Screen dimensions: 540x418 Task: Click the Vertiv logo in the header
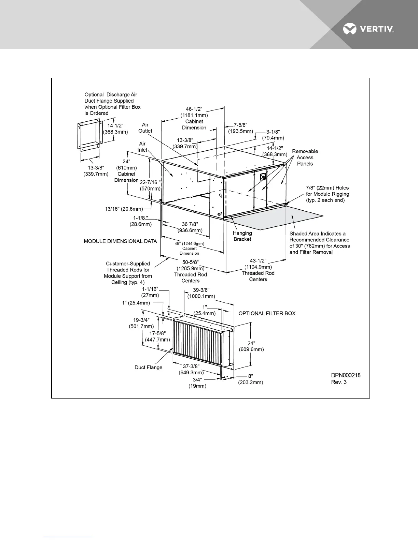click(x=368, y=30)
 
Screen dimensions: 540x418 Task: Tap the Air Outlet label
click(x=145, y=128)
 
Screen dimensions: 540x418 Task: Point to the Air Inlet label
click(x=142, y=147)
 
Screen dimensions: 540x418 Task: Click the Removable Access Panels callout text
click(x=305, y=157)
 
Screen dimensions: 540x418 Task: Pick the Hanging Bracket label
click(x=242, y=236)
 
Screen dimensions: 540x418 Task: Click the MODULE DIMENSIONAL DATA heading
click(x=120, y=241)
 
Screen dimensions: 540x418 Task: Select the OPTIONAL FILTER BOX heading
click(x=267, y=313)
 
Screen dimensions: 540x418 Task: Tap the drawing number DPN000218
click(x=346, y=375)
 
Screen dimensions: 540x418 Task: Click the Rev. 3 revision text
click(x=339, y=382)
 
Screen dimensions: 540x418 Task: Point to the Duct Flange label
click(x=148, y=367)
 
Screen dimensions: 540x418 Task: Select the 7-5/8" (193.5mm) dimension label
click(x=241, y=128)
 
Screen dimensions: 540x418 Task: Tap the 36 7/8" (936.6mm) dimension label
click(x=190, y=227)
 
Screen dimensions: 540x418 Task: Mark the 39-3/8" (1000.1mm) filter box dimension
click(x=201, y=293)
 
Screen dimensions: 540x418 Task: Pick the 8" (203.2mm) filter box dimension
click(x=250, y=379)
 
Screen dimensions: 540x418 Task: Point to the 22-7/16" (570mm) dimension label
click(x=150, y=185)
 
